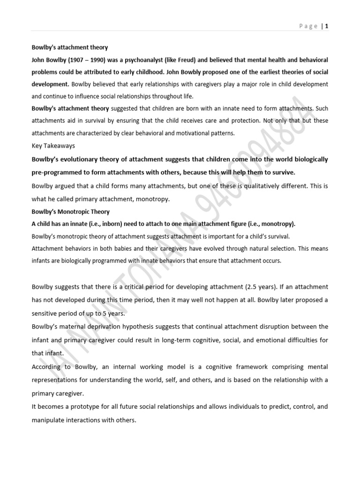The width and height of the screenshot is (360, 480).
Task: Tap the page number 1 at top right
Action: tap(326, 26)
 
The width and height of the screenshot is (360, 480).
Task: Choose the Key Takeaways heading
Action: tap(53, 145)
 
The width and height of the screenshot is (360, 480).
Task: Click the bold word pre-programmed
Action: tap(57, 172)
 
